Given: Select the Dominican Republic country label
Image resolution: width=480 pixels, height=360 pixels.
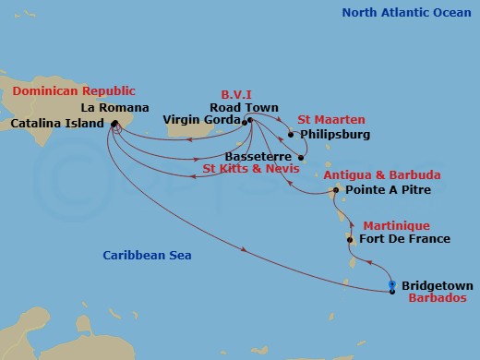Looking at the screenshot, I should point(73,91).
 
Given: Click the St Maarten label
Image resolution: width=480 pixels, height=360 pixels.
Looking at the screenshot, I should point(330,120).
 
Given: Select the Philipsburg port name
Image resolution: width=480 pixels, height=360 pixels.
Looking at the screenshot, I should point(335,135).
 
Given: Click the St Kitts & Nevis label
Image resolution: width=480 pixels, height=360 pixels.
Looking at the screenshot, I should point(249,170).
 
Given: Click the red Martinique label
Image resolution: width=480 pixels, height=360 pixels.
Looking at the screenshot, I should point(394,225).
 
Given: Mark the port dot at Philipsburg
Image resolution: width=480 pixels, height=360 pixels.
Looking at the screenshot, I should point(291,135).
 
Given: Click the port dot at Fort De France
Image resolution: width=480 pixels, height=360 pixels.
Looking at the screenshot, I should point(350,240).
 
